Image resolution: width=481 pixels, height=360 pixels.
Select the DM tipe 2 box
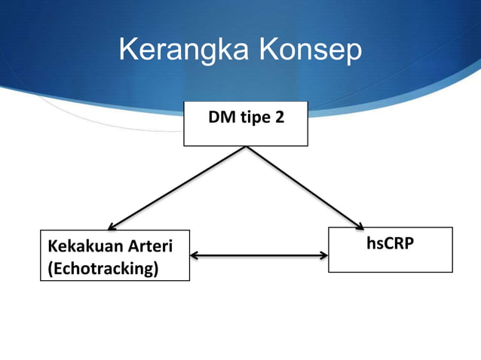point(246,124)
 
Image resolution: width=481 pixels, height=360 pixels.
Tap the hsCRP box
point(391,249)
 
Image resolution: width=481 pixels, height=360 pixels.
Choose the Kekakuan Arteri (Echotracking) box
point(115,255)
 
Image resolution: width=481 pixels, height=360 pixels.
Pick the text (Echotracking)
point(103,268)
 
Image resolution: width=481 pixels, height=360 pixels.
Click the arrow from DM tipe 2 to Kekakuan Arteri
point(178,188)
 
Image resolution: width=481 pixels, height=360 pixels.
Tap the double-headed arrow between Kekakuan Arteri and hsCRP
point(259,255)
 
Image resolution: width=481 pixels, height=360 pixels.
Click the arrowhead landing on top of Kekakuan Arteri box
point(112,226)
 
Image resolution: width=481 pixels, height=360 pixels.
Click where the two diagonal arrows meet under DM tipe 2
point(246,147)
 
